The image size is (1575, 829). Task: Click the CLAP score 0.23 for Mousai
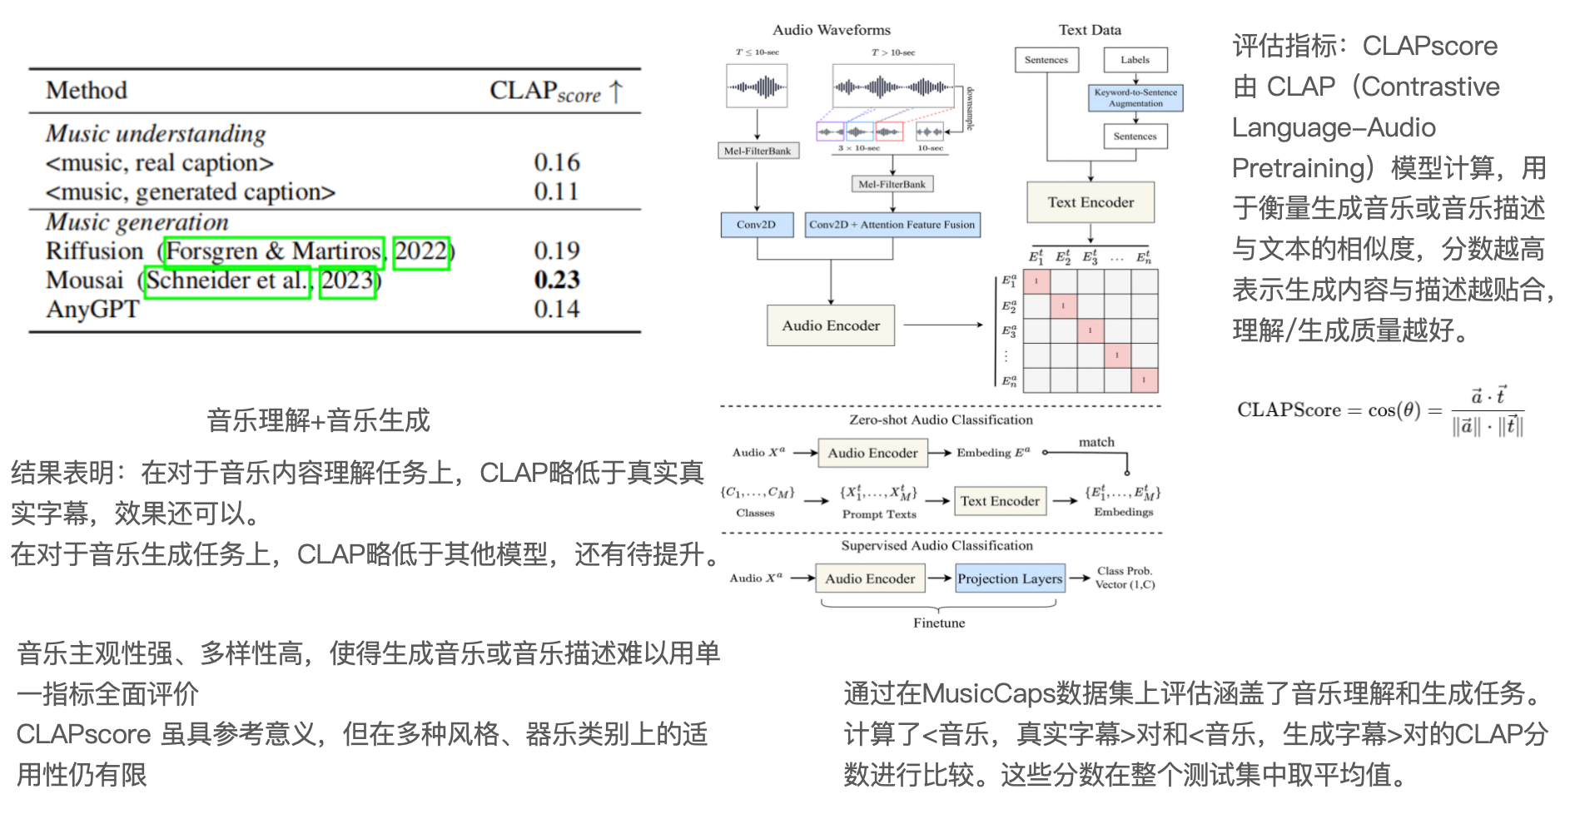[556, 280]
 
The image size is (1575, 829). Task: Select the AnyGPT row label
[92, 309]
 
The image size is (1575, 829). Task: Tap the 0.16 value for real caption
[556, 162]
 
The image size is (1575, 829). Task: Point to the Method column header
[87, 90]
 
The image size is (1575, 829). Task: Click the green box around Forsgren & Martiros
[274, 251]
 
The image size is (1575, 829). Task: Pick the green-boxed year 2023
[347, 280]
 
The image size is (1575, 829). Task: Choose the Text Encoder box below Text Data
[1090, 202]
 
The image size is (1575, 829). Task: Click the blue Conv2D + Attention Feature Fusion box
[892, 225]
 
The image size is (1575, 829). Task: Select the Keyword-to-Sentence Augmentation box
[1135, 98]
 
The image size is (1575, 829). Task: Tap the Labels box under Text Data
[1135, 60]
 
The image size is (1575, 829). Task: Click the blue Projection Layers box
[1009, 578]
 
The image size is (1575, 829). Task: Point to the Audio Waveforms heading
[831, 30]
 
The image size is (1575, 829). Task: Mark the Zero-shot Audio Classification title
[941, 419]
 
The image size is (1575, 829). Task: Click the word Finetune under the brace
[939, 623]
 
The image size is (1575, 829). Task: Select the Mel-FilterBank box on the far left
[758, 151]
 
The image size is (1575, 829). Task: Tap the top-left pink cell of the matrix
[1036, 281]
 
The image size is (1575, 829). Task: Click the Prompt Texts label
[879, 514]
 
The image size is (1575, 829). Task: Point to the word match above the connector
[1096, 442]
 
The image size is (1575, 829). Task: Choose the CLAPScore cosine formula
[1379, 410]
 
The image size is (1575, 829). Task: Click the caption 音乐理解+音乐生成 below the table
[318, 420]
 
